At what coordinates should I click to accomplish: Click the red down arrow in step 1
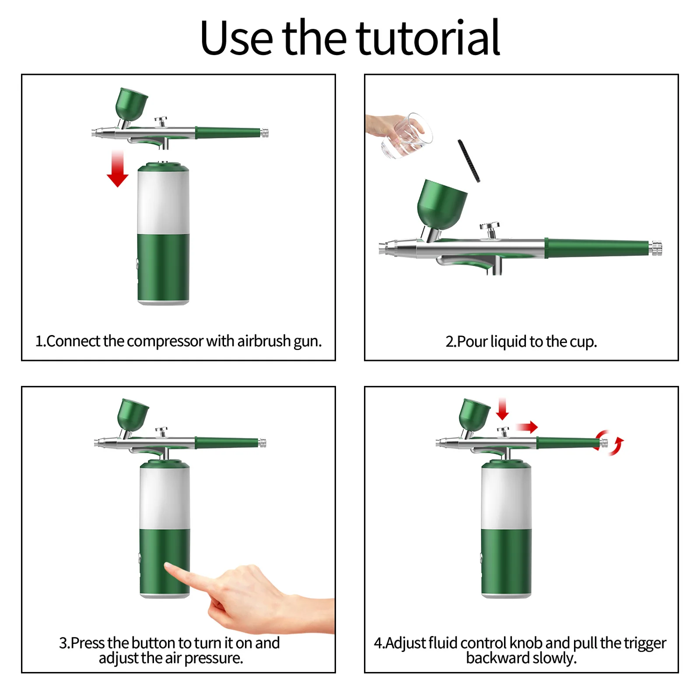tap(117, 169)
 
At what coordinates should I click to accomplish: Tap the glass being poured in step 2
tap(406, 135)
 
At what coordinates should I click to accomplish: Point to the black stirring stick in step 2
tap(469, 161)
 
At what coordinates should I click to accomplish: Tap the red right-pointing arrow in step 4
tap(527, 427)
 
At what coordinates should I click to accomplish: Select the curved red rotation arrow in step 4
tap(610, 442)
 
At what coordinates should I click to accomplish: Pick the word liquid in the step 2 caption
tap(508, 341)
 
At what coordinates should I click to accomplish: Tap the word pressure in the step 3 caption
tap(213, 658)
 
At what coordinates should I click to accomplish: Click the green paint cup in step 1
tap(131, 105)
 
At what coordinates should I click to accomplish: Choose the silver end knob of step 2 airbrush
tap(655, 248)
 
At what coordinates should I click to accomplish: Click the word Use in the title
tap(237, 38)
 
